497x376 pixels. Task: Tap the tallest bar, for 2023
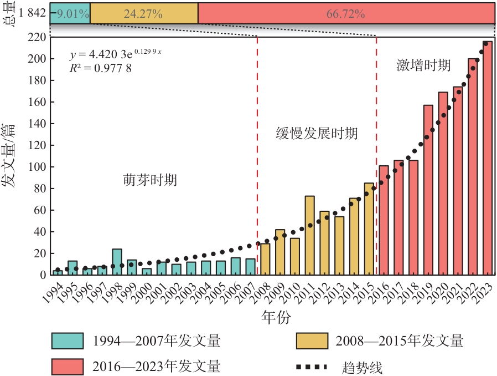point(488,158)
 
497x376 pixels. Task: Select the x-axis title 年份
point(275,317)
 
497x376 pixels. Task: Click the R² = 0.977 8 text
point(100,68)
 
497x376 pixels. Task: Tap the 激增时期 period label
point(423,65)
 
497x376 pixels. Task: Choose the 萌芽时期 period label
point(150,180)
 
